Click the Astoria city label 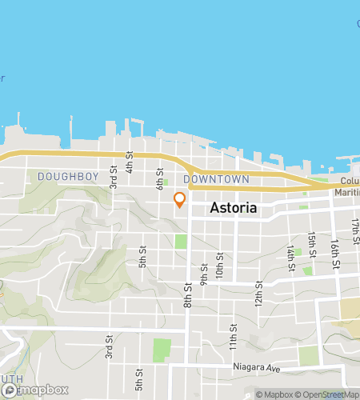[x=234, y=208]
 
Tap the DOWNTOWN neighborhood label [x=216, y=179]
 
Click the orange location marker [x=180, y=199]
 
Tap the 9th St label [x=205, y=274]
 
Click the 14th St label [x=292, y=258]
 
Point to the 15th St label [x=312, y=242]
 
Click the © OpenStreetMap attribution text [x=329, y=394]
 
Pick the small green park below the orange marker [x=181, y=241]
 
